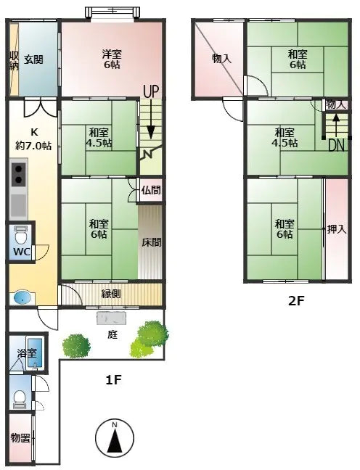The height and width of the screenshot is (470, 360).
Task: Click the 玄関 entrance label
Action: tap(33, 59)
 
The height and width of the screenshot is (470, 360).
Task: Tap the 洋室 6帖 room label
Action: tap(112, 59)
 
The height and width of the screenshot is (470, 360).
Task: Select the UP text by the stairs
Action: tap(151, 91)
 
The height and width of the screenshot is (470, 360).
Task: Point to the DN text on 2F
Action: tap(336, 146)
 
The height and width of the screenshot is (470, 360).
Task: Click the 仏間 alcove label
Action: tap(151, 190)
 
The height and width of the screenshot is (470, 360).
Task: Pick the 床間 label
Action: tap(152, 242)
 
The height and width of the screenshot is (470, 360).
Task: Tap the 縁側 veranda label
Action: tap(111, 294)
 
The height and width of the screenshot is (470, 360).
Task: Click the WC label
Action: tap(22, 252)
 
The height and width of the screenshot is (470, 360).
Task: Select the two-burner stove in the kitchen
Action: tap(19, 175)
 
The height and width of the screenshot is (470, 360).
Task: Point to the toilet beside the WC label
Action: tap(21, 236)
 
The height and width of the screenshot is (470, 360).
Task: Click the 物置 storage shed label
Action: tap(20, 438)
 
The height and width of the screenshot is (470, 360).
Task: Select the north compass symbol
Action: tap(115, 438)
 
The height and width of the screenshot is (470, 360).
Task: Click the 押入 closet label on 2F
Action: tap(337, 229)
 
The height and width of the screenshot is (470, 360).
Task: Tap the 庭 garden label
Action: tap(112, 334)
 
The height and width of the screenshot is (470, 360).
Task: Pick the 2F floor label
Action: tap(296, 301)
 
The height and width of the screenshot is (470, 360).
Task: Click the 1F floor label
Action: tap(113, 380)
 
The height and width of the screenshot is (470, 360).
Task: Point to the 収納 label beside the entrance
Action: tap(14, 60)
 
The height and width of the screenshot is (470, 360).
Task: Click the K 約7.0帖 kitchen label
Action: tap(33, 139)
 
